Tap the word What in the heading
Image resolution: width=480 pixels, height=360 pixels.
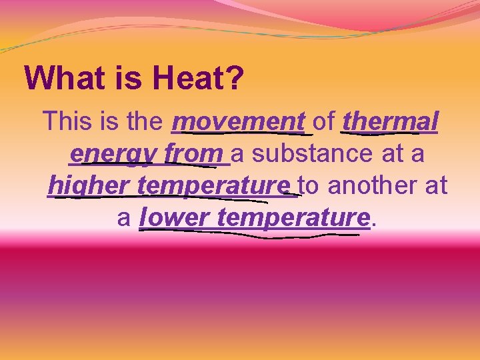(x=61, y=79)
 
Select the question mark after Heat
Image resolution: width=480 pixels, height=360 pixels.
(x=235, y=79)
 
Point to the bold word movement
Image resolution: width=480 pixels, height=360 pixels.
(x=239, y=122)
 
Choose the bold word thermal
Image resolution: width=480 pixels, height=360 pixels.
(x=390, y=122)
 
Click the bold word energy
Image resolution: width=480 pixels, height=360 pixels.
(x=113, y=153)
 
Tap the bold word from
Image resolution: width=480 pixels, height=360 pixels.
(x=193, y=153)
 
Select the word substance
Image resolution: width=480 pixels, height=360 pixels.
(x=313, y=153)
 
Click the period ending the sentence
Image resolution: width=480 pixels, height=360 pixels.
(x=373, y=223)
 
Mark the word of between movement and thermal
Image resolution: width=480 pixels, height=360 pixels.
(x=324, y=122)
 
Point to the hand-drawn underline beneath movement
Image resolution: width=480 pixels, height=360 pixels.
(x=239, y=133)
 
